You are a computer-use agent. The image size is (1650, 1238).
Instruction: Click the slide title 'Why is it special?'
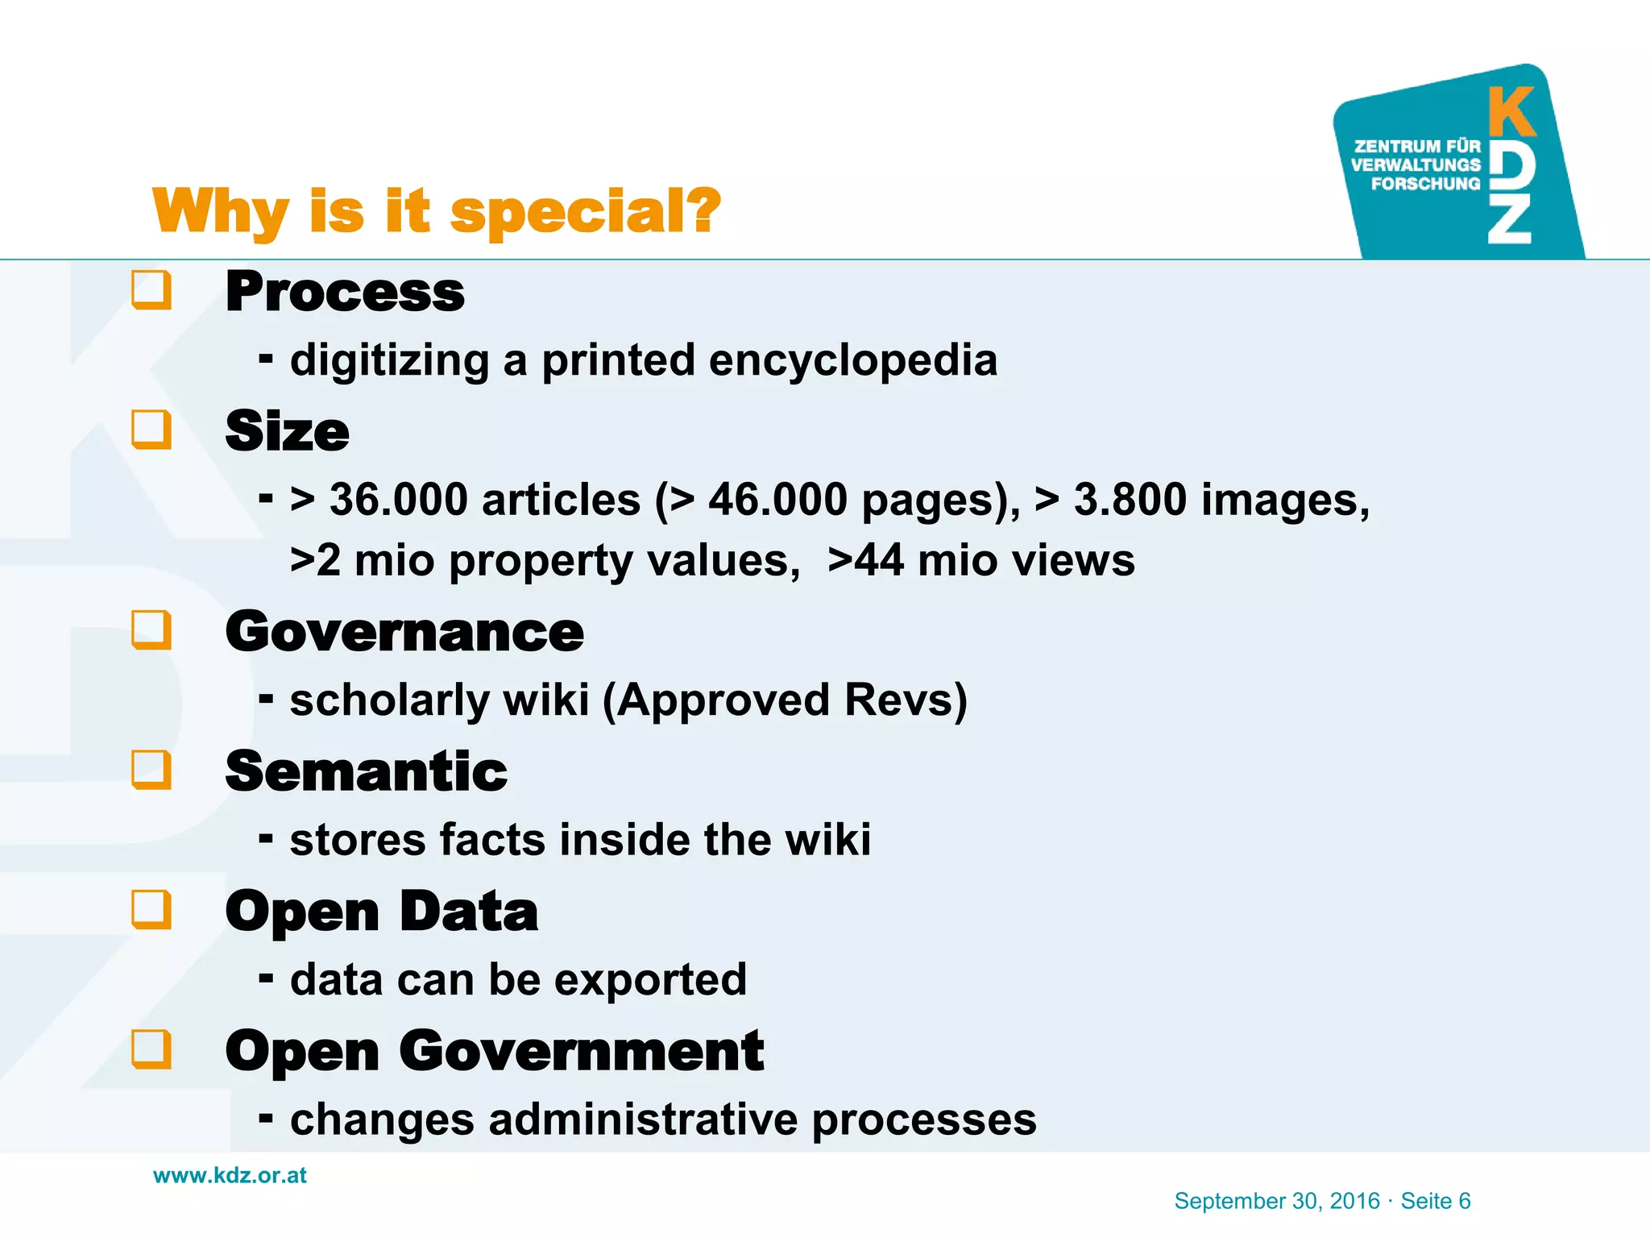436,211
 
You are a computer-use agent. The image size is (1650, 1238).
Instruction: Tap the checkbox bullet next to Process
151,290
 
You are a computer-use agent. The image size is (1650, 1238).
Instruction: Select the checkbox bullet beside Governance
151,630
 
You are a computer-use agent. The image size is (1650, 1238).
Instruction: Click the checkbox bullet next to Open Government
151,1049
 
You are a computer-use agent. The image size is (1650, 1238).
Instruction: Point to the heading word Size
287,431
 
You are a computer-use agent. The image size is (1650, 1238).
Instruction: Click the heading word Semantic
366,771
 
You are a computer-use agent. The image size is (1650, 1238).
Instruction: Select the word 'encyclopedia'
852,360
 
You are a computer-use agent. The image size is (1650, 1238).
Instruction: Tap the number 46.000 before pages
777,500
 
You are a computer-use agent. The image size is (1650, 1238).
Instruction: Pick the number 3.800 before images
1130,500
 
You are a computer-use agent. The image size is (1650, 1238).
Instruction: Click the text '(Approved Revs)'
785,700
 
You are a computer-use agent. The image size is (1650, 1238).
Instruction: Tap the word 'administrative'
643,1120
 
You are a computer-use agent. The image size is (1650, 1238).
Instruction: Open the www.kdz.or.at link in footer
230,1175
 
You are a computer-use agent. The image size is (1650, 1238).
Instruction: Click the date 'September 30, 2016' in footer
1277,1201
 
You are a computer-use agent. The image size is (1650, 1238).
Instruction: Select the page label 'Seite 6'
1436,1201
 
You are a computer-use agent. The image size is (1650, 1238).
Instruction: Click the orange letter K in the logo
1511,113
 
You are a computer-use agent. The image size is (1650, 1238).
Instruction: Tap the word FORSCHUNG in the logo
1425,184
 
